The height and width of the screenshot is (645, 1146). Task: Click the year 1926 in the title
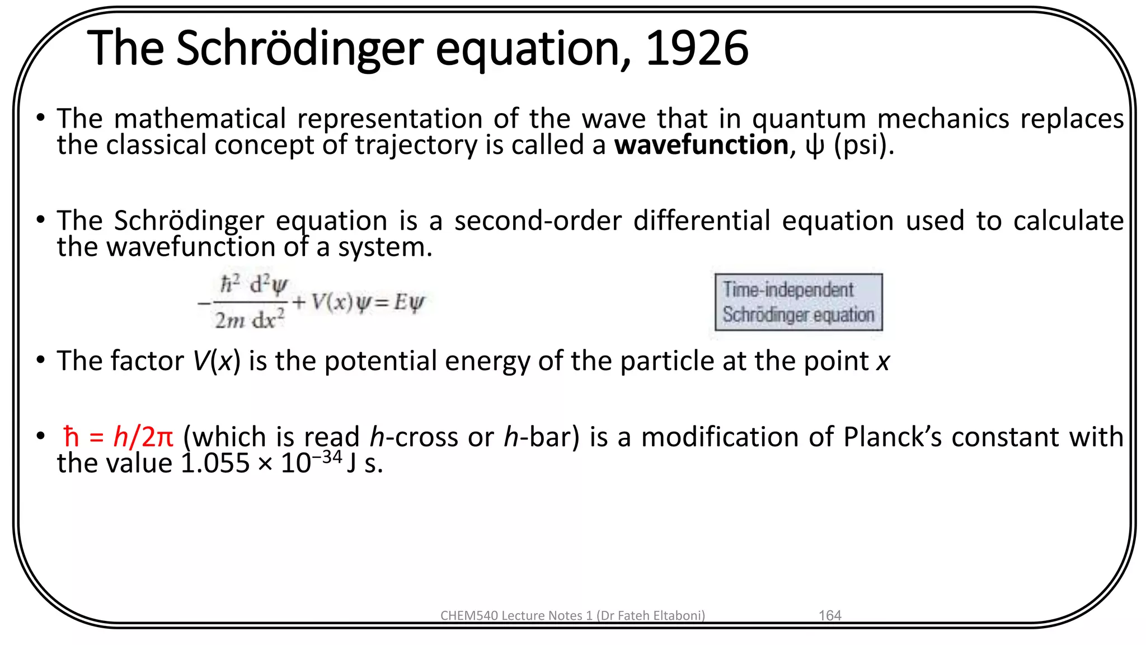(x=697, y=48)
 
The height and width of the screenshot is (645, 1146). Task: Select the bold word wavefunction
(x=701, y=145)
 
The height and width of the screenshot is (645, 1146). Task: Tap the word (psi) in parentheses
(x=863, y=145)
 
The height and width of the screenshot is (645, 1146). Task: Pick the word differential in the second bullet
(x=702, y=221)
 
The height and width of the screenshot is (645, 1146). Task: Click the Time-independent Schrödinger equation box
(x=799, y=302)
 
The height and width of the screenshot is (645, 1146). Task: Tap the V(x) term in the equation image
(x=332, y=302)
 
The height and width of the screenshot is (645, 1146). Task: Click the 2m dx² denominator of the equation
(x=250, y=320)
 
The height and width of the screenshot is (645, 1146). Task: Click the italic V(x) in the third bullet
(x=217, y=361)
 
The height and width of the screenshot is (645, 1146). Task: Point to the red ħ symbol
(x=71, y=437)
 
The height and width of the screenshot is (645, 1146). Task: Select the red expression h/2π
(x=143, y=437)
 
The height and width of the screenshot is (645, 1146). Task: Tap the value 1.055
(x=215, y=464)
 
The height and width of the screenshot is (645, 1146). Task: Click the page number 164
(x=829, y=615)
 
